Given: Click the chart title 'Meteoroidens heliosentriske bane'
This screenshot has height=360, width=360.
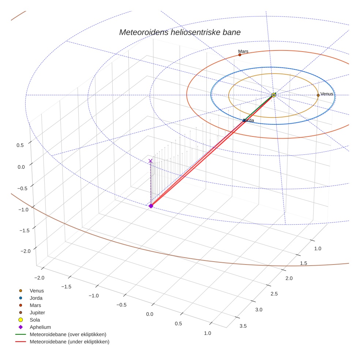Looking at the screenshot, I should click(x=180, y=32).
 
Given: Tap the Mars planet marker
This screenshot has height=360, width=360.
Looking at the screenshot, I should click(x=240, y=55).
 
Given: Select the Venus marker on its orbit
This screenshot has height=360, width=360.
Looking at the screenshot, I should click(x=318, y=95).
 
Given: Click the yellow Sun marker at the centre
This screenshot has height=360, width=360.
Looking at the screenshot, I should click(x=274, y=95).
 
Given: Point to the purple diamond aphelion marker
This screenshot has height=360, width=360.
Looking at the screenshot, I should click(x=151, y=206).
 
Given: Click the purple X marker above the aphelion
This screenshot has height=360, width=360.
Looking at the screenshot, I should click(x=150, y=161).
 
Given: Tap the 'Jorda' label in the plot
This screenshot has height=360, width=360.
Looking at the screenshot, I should click(x=249, y=120).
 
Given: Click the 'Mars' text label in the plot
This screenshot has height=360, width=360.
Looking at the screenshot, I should click(x=243, y=52).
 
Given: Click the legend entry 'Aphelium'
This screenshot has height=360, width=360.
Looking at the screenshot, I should click(x=40, y=327).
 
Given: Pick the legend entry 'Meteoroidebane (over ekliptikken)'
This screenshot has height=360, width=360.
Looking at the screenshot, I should click(x=68, y=334).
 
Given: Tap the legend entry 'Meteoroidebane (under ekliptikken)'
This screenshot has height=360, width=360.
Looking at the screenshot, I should click(x=70, y=342).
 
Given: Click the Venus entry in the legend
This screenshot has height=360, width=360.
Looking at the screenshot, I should click(x=37, y=291).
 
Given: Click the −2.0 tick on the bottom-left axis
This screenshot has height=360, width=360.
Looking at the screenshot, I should click(x=39, y=278).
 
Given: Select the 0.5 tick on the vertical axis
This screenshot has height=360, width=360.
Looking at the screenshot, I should click(x=20, y=145).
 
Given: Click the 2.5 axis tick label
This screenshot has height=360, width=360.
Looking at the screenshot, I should click(x=274, y=294).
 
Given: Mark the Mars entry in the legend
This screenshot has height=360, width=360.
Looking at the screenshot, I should click(x=35, y=305).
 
